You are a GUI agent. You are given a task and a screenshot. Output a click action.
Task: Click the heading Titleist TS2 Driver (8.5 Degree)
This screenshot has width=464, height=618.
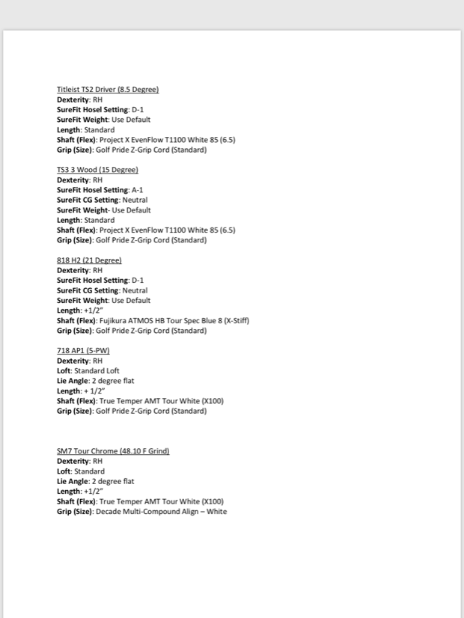(108, 90)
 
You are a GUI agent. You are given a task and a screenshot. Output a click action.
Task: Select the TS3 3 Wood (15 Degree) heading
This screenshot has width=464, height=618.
(97, 170)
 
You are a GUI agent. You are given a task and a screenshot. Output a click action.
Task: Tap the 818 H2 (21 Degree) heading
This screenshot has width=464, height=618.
(89, 260)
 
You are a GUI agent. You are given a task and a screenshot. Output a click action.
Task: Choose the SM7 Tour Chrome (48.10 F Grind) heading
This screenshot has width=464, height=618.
(113, 451)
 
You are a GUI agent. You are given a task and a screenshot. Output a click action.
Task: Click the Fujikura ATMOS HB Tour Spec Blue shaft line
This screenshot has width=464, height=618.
(153, 320)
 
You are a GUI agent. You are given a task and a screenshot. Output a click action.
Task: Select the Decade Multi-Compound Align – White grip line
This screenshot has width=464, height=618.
(141, 512)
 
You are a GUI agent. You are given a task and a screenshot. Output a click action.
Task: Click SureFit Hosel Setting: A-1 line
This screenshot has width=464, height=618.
(100, 190)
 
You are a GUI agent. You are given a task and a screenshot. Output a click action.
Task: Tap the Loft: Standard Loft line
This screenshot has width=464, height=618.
(88, 370)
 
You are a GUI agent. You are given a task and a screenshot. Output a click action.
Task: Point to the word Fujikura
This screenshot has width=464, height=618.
(113, 320)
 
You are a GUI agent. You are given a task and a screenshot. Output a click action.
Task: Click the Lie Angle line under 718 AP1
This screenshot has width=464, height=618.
(96, 381)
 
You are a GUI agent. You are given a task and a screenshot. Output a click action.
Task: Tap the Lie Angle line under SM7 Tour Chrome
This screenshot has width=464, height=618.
(96, 482)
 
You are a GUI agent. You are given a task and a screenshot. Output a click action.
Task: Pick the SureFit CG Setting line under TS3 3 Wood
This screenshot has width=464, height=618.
(102, 201)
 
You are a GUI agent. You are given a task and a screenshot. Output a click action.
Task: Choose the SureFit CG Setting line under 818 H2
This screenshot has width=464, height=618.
(102, 290)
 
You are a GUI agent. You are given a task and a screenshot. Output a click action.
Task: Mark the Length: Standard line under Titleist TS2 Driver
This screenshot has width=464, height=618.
(85, 130)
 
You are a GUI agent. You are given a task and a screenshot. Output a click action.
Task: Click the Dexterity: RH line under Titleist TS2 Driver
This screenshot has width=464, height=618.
(79, 100)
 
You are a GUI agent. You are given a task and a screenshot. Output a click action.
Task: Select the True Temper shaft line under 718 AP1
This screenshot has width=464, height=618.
(140, 401)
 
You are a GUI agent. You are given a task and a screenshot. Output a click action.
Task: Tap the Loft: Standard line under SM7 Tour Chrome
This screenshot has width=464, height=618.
(81, 471)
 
